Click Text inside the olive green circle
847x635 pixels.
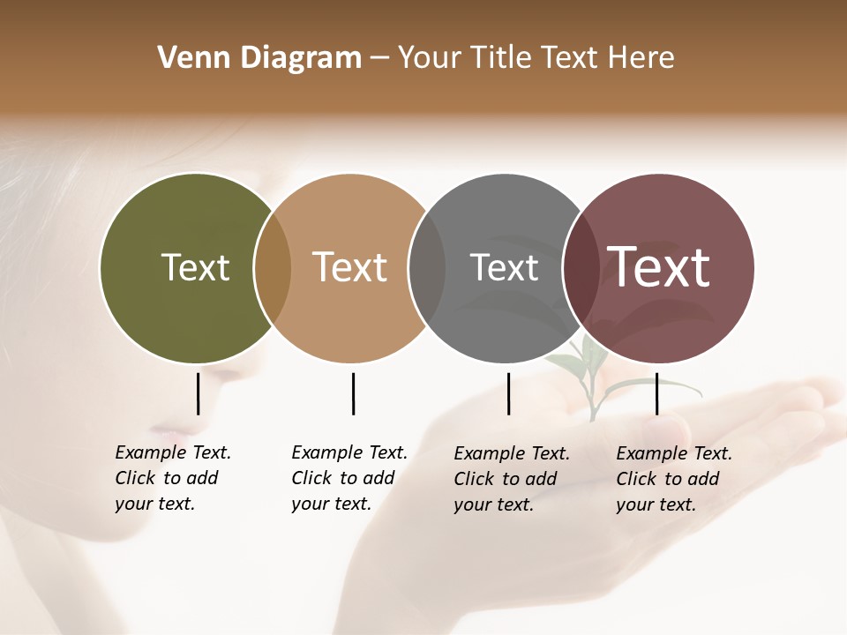click(x=195, y=267)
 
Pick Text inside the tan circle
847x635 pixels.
click(x=349, y=267)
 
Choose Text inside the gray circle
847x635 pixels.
click(x=504, y=267)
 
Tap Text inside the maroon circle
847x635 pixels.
click(x=658, y=267)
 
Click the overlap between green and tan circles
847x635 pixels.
click(x=273, y=268)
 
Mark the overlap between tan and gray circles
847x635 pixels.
click(x=427, y=268)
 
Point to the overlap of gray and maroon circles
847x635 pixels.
click(x=581, y=268)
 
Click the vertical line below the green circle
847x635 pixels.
click(x=199, y=393)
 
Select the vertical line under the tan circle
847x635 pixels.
click(x=353, y=393)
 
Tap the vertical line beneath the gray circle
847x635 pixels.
click(x=509, y=393)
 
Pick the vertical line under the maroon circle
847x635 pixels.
click(x=657, y=393)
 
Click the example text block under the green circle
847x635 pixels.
click(x=172, y=478)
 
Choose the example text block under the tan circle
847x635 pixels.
click(x=349, y=478)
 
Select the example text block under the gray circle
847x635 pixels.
click(x=511, y=479)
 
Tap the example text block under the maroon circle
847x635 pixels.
click(x=673, y=479)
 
